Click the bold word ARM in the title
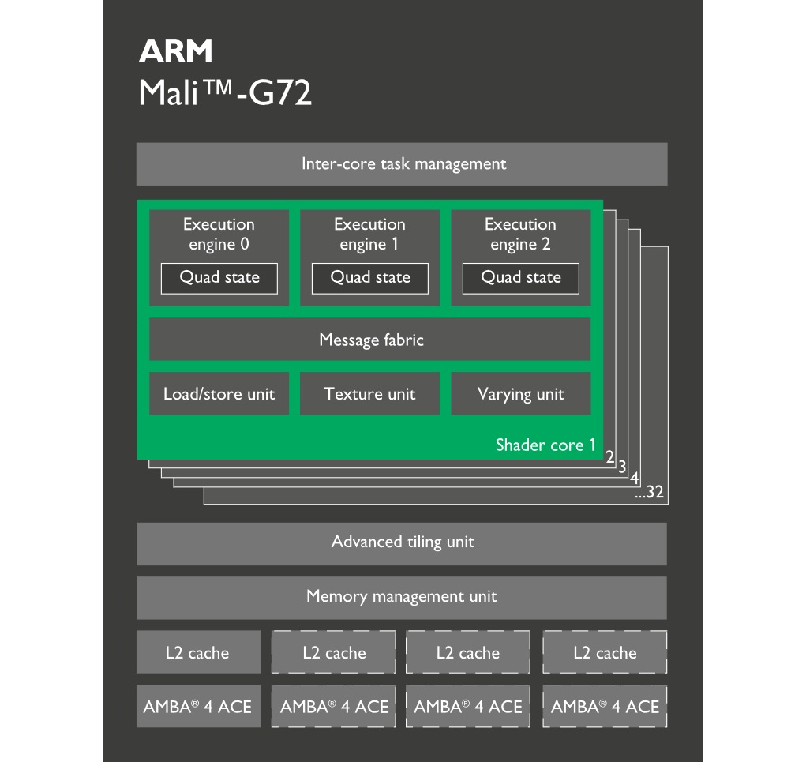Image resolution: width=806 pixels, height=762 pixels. tap(175, 52)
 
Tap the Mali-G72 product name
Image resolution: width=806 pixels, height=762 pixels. tap(225, 93)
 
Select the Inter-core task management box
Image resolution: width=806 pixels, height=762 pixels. tap(402, 164)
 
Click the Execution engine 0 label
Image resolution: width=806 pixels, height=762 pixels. tap(219, 234)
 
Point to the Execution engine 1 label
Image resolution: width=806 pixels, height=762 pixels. tap(369, 234)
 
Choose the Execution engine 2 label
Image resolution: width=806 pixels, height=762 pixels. tap(520, 234)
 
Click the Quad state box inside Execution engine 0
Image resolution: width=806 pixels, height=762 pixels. tap(219, 278)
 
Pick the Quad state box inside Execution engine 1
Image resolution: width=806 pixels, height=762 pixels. tap(370, 278)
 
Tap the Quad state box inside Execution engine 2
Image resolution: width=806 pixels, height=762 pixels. tap(521, 278)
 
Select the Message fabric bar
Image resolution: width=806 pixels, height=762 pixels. tap(370, 340)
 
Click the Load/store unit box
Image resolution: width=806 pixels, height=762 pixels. tap(219, 393)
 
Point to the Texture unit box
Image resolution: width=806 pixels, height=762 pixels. tap(369, 393)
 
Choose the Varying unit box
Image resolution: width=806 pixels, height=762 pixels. tap(520, 393)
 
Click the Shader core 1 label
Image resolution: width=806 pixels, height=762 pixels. tap(545, 445)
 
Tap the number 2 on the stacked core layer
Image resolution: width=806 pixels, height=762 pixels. tap(609, 456)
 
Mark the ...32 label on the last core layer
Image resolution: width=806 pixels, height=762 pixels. tap(650, 493)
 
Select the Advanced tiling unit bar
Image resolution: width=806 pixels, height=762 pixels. tap(402, 542)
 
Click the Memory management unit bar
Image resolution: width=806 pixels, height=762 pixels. tap(402, 597)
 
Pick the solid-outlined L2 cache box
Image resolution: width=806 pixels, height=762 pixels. tap(197, 652)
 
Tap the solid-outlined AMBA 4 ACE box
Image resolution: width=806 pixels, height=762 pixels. tap(197, 707)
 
